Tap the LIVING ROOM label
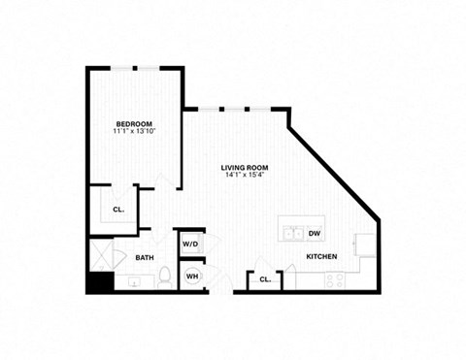pos(244,168)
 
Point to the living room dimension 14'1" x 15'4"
pos(244,177)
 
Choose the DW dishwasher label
pos(314,234)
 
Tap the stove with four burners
pos(334,281)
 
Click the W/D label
pos(190,243)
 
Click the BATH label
pos(145,258)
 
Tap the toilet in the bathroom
pos(165,277)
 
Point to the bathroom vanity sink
pos(133,282)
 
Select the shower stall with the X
pos(101,257)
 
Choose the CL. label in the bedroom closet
pos(117,209)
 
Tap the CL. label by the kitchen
pos(264,280)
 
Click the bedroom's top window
pos(136,68)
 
